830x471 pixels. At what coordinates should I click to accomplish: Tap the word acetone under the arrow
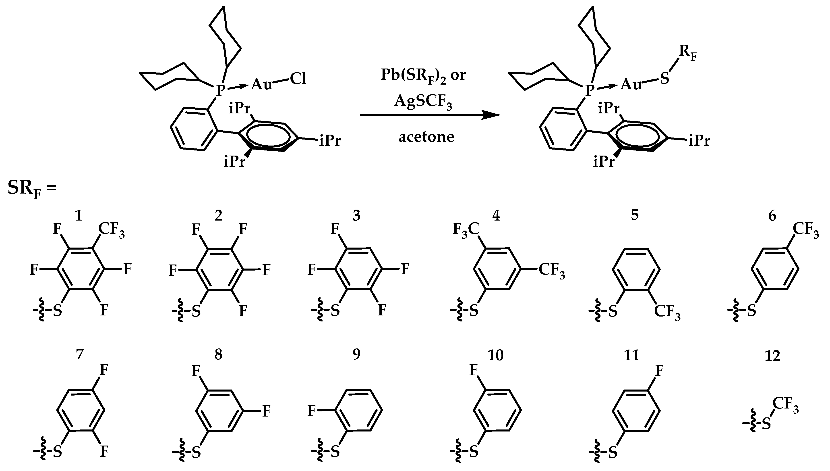(x=426, y=137)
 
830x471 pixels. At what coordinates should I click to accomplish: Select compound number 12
(x=772, y=356)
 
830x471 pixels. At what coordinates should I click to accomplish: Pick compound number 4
(x=495, y=215)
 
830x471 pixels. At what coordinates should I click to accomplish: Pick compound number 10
(x=495, y=356)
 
